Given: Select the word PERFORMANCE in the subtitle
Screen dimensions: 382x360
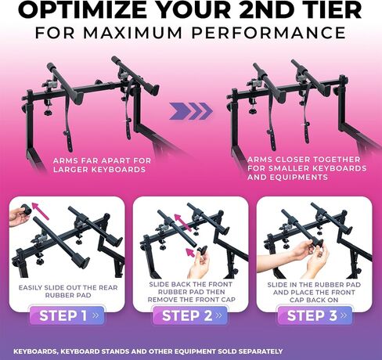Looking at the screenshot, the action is [x=268, y=33].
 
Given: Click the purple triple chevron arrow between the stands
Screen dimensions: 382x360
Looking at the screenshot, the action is [x=191, y=111].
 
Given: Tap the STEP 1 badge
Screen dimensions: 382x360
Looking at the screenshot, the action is [x=67, y=315].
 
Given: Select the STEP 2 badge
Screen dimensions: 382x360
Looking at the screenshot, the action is [x=190, y=315].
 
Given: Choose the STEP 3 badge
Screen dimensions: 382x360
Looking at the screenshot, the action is [x=315, y=315].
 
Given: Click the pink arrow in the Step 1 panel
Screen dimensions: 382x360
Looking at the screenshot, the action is [x=40, y=211].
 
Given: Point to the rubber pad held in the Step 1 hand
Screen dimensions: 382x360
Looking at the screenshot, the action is [x=26, y=210].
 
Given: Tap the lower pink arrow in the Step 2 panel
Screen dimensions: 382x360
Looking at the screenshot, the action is [x=191, y=253].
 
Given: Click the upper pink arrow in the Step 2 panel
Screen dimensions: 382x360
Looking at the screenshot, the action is [x=183, y=222].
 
